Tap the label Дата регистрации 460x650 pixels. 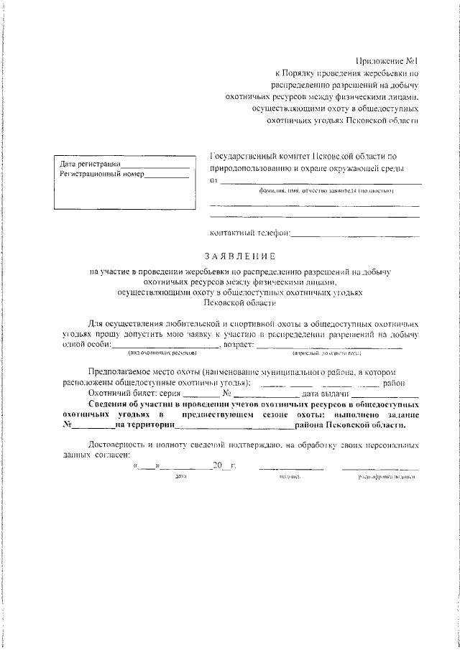click(90, 164)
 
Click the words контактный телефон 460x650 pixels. click(249, 233)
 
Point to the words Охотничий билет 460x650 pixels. click(119, 394)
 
